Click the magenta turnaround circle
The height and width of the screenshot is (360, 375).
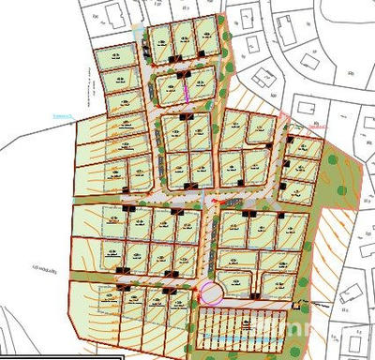(210, 292)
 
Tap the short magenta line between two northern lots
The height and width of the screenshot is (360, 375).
(185, 92)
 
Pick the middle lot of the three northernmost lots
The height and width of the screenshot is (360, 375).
(183, 37)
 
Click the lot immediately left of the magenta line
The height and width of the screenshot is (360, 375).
(170, 90)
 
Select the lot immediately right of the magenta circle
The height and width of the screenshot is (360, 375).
(236, 282)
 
